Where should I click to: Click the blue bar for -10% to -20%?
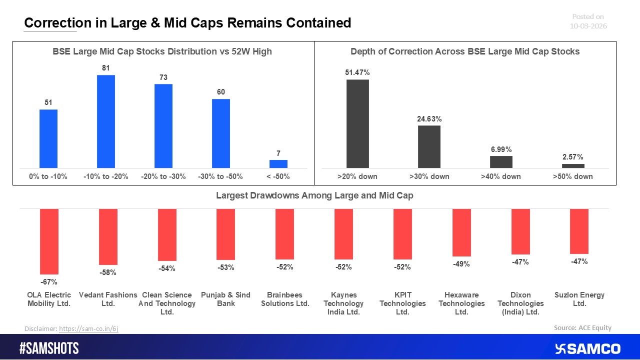click(x=105, y=121)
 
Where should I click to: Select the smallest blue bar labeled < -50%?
click(x=278, y=164)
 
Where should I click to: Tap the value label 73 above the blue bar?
click(x=163, y=77)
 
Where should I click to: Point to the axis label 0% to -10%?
click(x=48, y=176)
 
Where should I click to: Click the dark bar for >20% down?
click(x=357, y=123)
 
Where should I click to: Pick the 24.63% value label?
click(x=429, y=119)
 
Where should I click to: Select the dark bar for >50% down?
click(x=573, y=166)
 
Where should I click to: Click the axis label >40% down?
click(x=501, y=176)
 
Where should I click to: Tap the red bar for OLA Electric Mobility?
click(x=49, y=241)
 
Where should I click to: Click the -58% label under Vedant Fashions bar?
click(x=108, y=272)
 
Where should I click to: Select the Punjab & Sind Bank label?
click(x=225, y=299)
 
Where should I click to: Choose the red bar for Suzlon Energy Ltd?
click(x=579, y=231)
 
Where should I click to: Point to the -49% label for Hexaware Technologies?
click(x=461, y=264)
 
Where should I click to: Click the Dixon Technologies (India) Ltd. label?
click(x=520, y=303)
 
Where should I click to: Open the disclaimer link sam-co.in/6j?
click(x=88, y=328)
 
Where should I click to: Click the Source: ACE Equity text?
click(x=582, y=328)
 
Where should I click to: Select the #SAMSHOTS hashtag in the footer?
click(x=49, y=348)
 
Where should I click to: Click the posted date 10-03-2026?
click(x=588, y=26)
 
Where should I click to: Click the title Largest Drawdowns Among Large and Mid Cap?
click(x=314, y=195)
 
